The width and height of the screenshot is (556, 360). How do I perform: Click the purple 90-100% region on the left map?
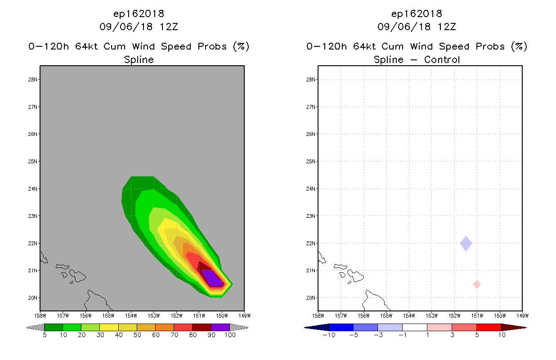click(x=212, y=278)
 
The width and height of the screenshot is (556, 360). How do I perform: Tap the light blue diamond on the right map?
click(x=466, y=243)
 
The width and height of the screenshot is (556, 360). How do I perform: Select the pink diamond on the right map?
click(x=477, y=284)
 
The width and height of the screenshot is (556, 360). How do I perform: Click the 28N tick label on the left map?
click(x=32, y=80)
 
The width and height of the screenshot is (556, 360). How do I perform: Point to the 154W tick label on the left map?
click(x=131, y=316)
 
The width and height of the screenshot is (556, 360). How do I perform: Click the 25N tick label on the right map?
click(x=310, y=162)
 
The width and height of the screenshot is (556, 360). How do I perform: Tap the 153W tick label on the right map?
click(x=432, y=316)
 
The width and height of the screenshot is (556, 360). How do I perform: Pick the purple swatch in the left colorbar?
click(x=220, y=327)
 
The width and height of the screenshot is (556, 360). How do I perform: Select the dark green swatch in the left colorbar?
click(x=54, y=327)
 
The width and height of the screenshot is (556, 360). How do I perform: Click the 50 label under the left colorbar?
click(x=137, y=335)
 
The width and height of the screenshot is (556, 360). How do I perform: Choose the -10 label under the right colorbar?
click(x=329, y=335)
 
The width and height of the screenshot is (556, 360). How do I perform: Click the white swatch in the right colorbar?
click(x=414, y=327)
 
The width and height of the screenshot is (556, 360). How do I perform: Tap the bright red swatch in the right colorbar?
click(x=489, y=327)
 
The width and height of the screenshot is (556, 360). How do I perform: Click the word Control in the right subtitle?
click(x=442, y=60)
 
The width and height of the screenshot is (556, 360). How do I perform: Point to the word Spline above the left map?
click(x=139, y=60)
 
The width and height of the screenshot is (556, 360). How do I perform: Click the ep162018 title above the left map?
click(x=139, y=14)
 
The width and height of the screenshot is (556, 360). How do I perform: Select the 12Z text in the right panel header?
click(x=447, y=27)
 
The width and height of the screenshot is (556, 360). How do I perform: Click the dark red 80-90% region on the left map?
click(x=204, y=266)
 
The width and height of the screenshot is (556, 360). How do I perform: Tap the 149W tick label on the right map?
click(x=523, y=316)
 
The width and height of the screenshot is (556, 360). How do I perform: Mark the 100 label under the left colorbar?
click(x=230, y=335)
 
